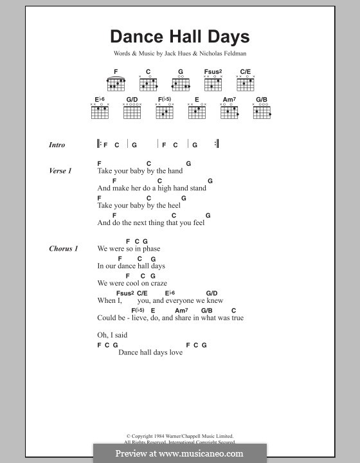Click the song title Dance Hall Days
click(179, 37)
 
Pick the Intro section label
click(57, 145)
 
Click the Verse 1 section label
click(60, 171)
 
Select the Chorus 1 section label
click(63, 249)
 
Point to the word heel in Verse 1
click(174, 206)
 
